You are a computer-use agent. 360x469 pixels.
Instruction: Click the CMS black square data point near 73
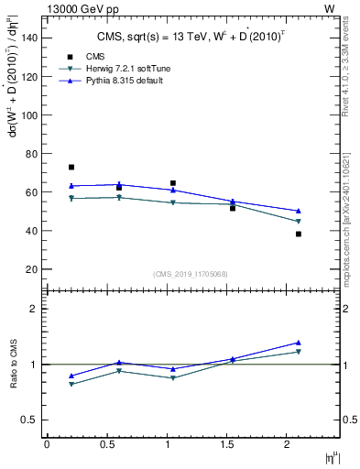[71, 168]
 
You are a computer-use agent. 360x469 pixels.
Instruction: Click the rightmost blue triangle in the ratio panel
[299, 343]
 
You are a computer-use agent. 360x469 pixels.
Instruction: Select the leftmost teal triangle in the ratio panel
[71, 384]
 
